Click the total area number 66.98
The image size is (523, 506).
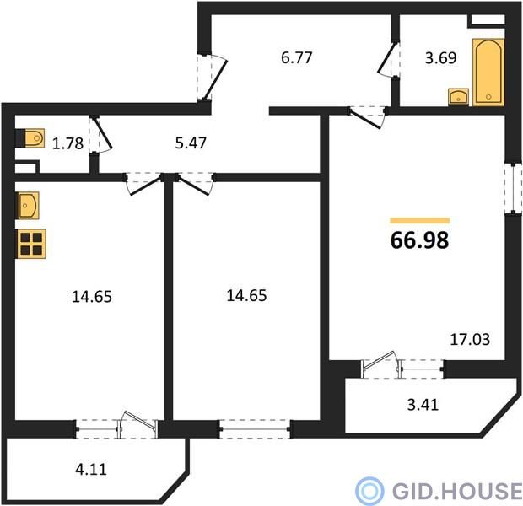point(419,240)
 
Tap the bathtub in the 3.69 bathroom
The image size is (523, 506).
point(488,72)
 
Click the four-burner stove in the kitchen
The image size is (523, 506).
point(31,244)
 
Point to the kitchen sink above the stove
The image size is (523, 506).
point(28,206)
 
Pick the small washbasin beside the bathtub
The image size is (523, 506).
point(459,97)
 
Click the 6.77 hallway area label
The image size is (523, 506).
point(297,57)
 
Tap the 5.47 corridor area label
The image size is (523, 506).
point(191,143)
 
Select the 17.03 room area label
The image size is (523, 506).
point(470,340)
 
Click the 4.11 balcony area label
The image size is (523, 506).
point(91,470)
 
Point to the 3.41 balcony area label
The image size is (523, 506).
point(423,405)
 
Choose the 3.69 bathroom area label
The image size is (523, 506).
point(440,57)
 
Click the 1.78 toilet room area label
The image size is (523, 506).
point(67,143)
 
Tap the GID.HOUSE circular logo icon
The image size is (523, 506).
point(369,491)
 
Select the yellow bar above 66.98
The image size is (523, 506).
point(420,220)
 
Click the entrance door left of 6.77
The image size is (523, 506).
point(216,79)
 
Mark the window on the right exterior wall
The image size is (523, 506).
point(513,188)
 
